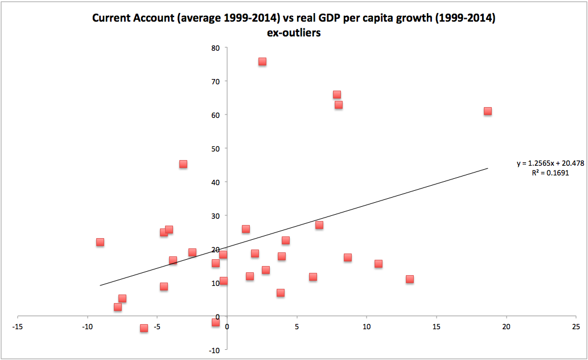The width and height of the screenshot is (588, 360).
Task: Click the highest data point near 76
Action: point(262,62)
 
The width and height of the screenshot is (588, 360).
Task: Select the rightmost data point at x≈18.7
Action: point(488,111)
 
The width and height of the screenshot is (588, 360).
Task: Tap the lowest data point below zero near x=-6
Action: point(144,328)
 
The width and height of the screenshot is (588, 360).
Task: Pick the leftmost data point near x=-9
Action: point(100,242)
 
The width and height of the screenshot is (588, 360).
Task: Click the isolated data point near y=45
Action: point(183,164)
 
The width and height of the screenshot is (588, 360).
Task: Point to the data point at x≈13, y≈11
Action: point(410,279)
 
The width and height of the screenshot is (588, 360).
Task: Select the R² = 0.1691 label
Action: point(550,173)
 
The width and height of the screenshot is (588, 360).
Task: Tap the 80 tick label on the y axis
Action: point(216,48)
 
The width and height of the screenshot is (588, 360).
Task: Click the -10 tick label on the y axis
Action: point(214,350)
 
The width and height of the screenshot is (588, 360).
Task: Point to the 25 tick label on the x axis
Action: point(576,327)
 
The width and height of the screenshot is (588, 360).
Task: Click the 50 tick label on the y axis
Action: point(216,149)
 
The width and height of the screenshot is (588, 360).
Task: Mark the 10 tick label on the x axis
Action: point(367,327)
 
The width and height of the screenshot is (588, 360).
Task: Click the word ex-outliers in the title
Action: point(294,33)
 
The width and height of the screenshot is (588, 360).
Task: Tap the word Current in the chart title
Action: point(111,18)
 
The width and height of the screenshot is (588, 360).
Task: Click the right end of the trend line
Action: point(488,168)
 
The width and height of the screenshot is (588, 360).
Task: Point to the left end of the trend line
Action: point(100,285)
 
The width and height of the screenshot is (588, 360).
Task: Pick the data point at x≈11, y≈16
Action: point(379,264)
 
